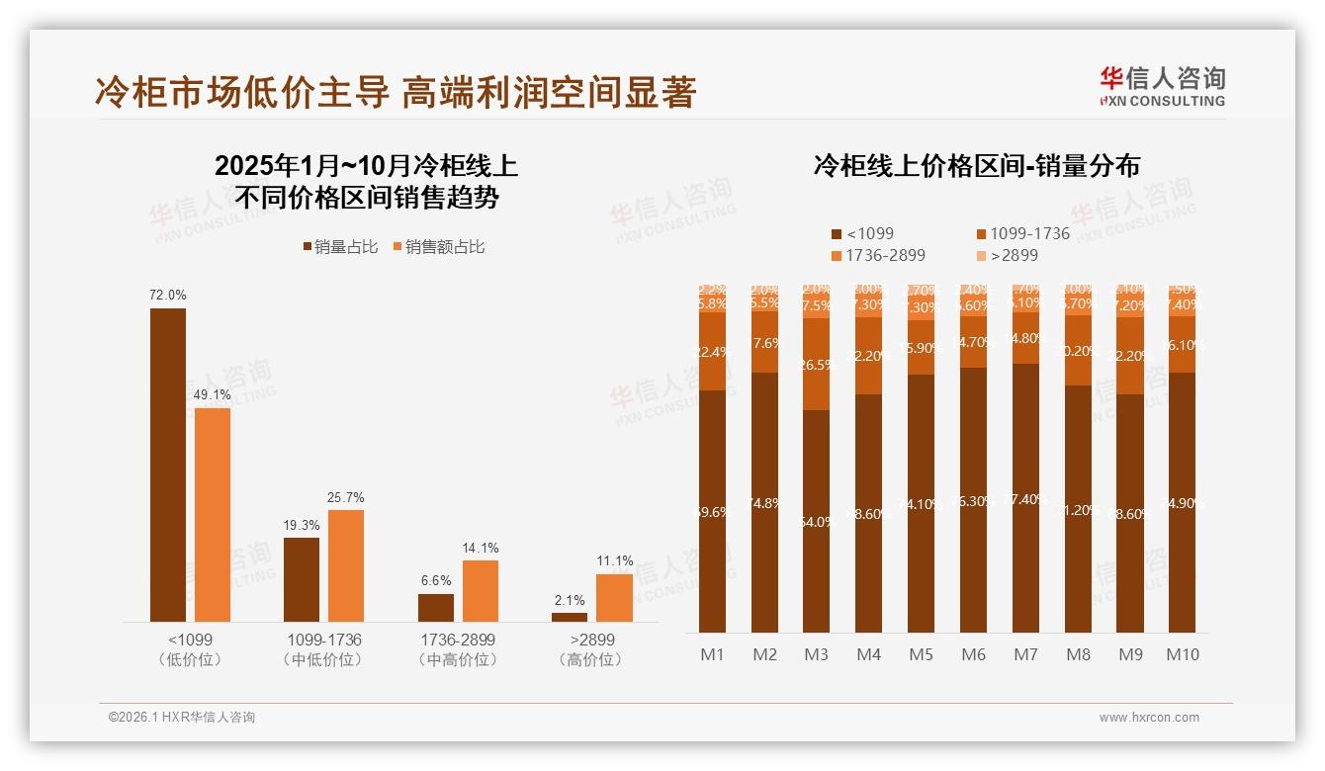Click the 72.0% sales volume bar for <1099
168,465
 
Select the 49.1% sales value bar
213,514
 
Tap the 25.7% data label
346,498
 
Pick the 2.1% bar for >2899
569,617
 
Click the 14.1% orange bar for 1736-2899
481,591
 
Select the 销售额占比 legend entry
439,247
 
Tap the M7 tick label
1026,654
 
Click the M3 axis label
817,654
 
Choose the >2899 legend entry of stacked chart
1008,255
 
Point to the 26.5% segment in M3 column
817,364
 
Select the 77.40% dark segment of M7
1026,498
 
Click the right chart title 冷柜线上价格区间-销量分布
976,166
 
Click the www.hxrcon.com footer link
1149,718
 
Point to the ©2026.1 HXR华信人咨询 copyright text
182,718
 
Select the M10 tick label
1183,654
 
